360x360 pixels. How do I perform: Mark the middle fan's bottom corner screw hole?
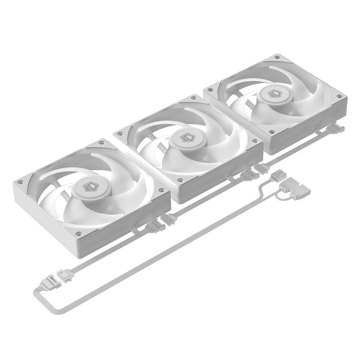coord(180,180)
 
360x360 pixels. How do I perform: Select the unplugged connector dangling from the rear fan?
coord(336,128)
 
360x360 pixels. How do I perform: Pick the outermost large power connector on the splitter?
coord(302,191)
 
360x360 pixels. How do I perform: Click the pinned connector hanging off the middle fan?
coord(247,175)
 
